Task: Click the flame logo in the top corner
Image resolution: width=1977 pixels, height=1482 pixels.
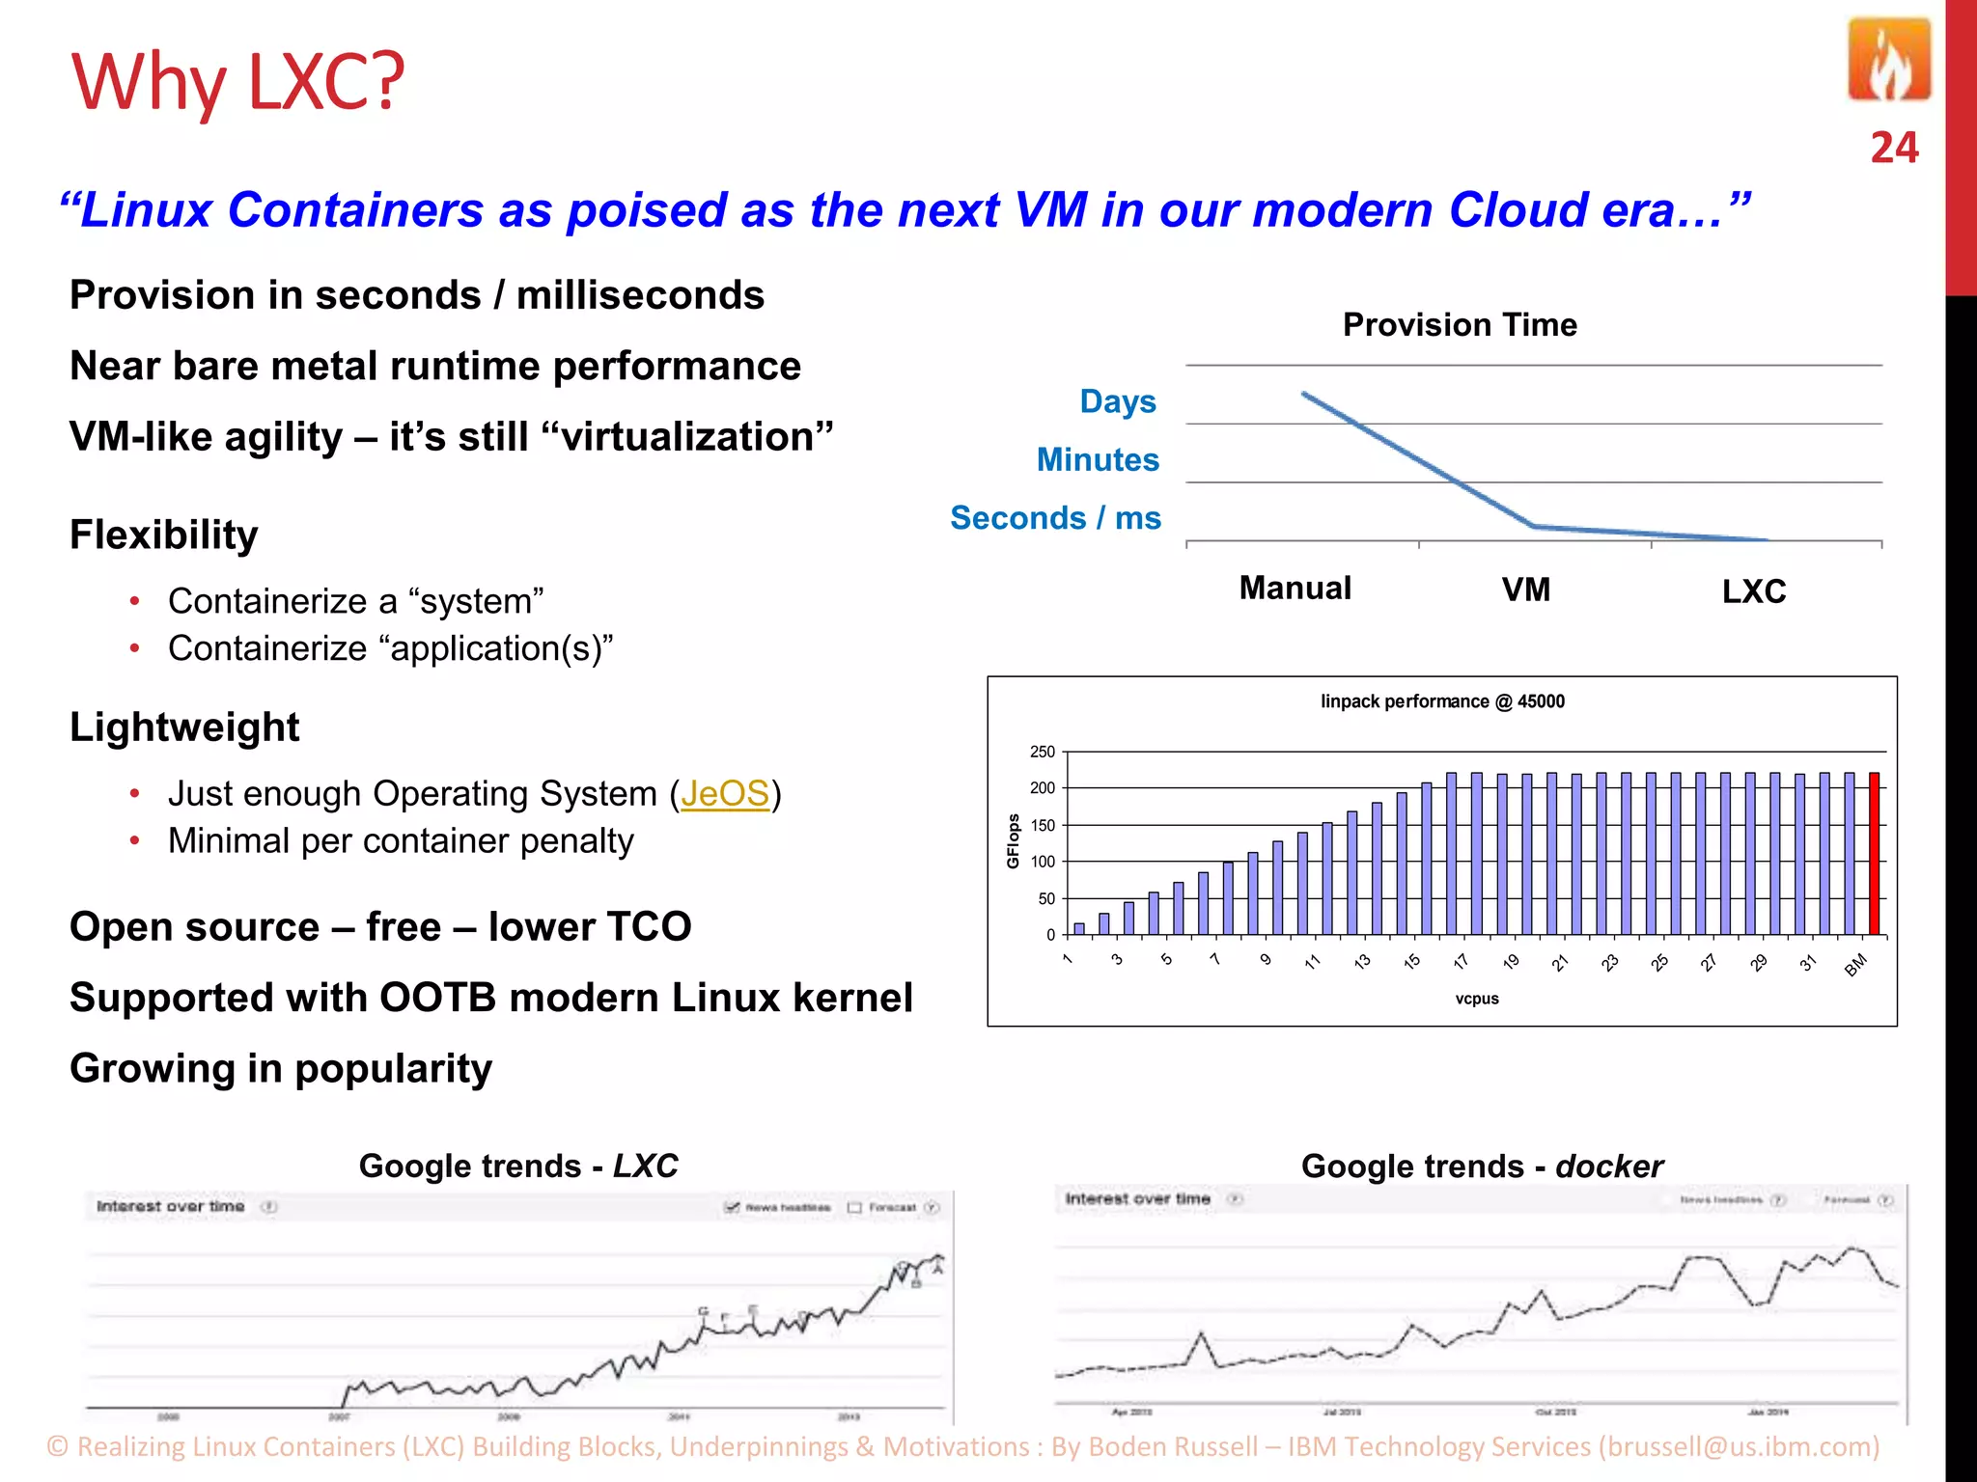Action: tap(1889, 60)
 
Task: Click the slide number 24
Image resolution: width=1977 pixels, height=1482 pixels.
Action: tap(1894, 148)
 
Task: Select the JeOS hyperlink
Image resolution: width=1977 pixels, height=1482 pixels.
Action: tap(725, 794)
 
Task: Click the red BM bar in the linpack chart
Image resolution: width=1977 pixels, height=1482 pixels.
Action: tap(1875, 853)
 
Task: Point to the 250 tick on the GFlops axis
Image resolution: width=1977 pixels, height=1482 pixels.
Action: tap(1043, 752)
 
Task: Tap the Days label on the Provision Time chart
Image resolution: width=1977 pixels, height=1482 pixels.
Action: tap(1118, 401)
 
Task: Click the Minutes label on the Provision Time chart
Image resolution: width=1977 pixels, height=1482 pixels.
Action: tap(1098, 460)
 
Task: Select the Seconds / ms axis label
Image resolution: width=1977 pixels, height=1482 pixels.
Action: tap(1055, 518)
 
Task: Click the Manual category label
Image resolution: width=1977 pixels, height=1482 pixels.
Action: tap(1295, 589)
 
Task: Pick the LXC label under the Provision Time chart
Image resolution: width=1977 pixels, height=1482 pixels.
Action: tap(1754, 591)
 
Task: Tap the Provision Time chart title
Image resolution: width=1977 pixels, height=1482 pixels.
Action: tap(1460, 325)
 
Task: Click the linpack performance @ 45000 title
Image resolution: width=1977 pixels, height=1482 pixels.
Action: tap(1442, 701)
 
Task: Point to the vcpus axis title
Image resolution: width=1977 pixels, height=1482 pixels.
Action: tap(1477, 999)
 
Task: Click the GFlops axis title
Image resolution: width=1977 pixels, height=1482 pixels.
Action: tap(1013, 841)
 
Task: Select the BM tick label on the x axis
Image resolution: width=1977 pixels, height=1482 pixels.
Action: tap(1855, 965)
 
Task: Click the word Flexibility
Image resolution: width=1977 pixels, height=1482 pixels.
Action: tap(164, 535)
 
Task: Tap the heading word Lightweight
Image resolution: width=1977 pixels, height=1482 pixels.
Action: tap(184, 727)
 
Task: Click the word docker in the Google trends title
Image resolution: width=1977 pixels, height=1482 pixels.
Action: tap(1609, 1166)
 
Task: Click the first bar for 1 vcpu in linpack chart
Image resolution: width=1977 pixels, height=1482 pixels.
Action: tap(1079, 928)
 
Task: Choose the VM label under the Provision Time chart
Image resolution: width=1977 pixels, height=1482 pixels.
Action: tap(1526, 590)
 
